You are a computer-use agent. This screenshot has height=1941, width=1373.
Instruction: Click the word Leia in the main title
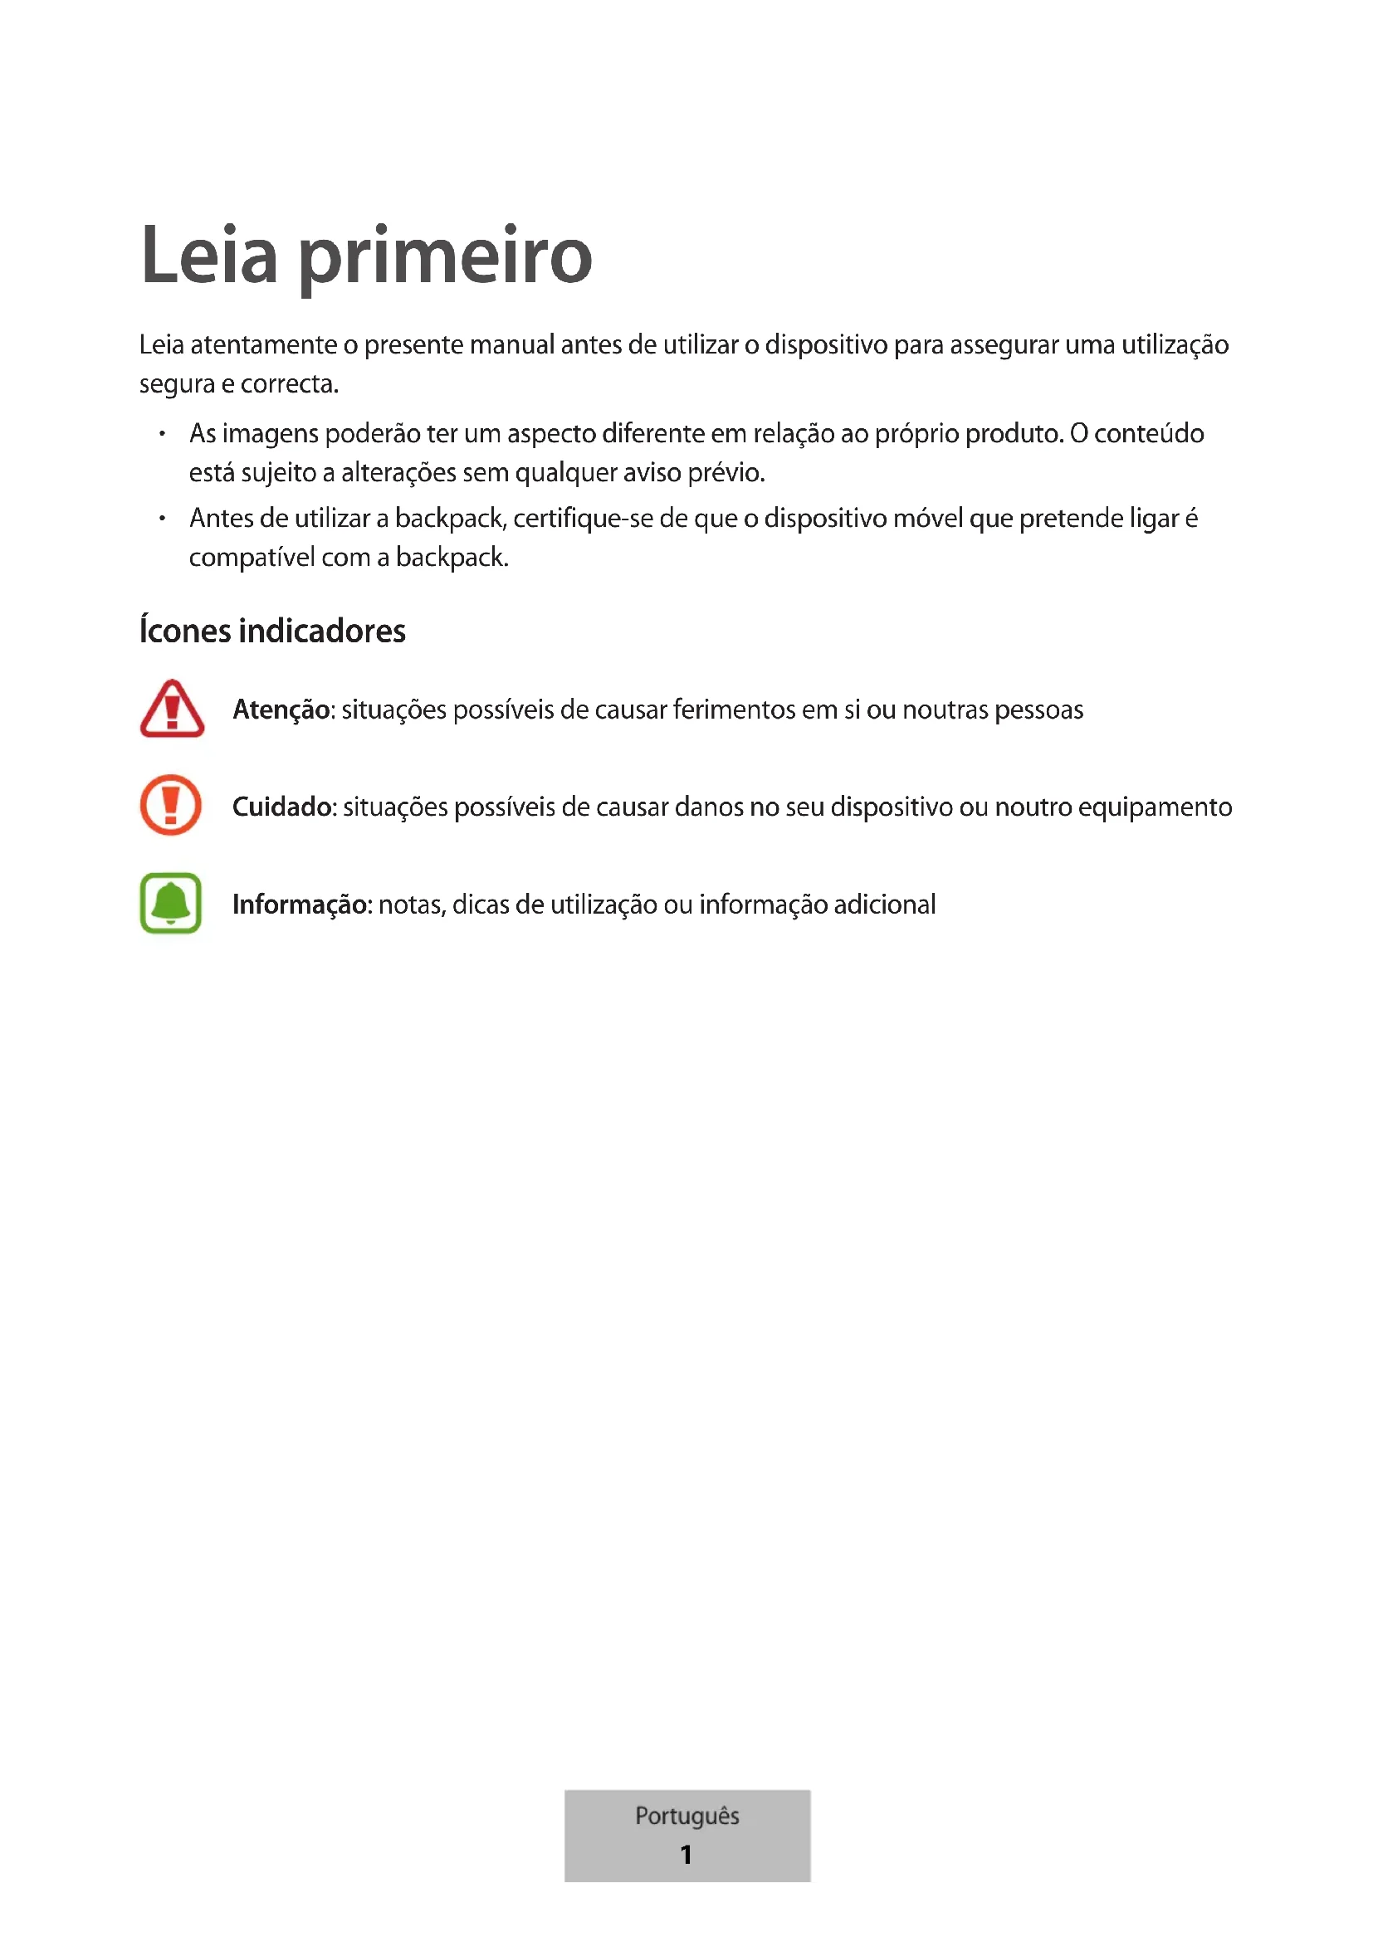209,256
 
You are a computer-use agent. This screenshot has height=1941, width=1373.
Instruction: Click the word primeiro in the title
446,257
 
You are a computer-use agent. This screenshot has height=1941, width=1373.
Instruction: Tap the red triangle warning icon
172,710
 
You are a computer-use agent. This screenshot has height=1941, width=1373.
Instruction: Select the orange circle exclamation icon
171,806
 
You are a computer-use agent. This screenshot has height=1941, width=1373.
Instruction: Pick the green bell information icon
171,903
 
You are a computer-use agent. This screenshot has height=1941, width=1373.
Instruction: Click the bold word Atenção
281,710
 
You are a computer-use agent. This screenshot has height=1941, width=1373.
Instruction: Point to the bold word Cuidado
281,807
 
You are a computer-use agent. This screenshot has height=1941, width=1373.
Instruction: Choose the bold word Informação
300,905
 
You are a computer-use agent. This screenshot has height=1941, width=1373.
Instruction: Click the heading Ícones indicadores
272,632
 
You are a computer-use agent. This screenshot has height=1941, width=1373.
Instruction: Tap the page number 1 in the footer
686,1854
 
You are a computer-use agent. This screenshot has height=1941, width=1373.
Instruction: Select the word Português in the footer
686,1815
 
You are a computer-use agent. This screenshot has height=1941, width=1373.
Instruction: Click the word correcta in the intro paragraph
289,385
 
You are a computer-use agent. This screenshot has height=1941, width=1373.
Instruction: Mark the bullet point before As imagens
162,434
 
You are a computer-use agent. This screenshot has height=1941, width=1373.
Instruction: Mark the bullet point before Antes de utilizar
162,518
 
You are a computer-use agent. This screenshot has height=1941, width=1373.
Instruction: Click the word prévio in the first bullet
726,472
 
